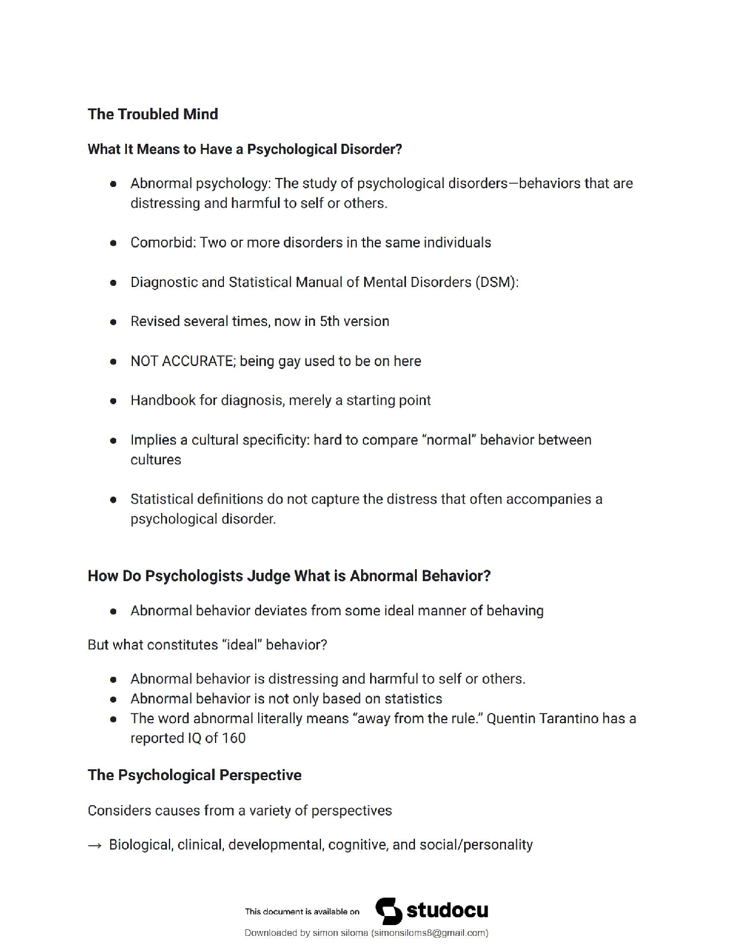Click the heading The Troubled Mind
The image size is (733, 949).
153,114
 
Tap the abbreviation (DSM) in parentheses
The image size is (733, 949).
496,282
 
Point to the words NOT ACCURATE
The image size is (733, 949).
182,361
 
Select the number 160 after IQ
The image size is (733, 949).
234,738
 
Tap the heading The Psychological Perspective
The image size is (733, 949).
195,775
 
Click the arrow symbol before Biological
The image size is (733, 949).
95,845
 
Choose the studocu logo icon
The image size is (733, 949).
389,911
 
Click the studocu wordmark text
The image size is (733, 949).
447,911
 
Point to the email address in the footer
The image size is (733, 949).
429,933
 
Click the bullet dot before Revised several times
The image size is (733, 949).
113,322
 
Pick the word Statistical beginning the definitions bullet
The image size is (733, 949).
163,499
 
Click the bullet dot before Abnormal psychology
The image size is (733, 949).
113,184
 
